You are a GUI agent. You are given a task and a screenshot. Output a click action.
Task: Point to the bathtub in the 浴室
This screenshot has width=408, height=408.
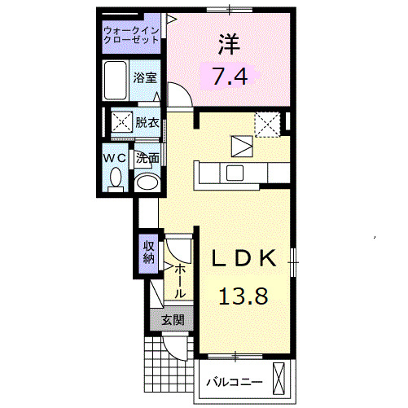tap(116, 80)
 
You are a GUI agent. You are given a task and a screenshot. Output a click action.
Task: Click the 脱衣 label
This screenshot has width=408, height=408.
tap(147, 124)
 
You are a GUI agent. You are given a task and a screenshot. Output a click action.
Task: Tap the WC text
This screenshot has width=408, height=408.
tap(114, 157)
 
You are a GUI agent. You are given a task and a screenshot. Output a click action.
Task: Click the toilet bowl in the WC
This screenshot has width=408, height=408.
tap(115, 177)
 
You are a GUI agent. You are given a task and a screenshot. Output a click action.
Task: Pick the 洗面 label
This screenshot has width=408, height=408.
tap(147, 157)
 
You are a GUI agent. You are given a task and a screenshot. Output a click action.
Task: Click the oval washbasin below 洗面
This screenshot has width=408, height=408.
tap(147, 183)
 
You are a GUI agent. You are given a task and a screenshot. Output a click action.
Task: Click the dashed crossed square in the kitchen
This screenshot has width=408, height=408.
tap(266, 123)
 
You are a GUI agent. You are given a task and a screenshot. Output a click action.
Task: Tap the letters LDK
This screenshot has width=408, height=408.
tap(242, 259)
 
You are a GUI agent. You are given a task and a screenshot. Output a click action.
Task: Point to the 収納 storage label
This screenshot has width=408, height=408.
tap(148, 252)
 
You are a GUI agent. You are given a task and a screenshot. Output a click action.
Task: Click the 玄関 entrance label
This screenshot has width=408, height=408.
tap(171, 320)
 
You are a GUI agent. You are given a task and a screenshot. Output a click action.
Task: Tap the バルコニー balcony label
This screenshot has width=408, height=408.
tap(233, 381)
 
